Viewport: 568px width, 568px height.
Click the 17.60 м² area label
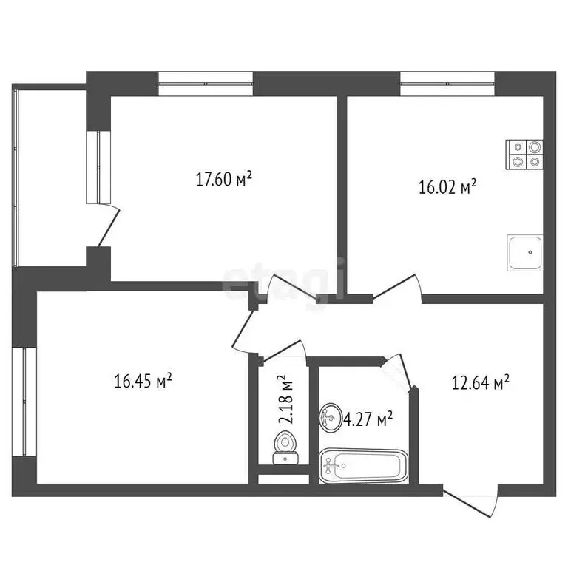(224, 178)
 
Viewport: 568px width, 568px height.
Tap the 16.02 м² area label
(447, 188)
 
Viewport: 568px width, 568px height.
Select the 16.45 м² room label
(143, 381)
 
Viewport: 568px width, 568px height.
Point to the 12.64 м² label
(481, 382)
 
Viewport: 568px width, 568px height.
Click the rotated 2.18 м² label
(285, 399)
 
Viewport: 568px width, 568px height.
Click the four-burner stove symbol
(525, 154)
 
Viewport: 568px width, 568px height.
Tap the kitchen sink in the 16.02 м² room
(525, 253)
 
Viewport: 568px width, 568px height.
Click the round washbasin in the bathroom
(330, 419)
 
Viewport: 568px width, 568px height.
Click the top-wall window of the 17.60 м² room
(206, 81)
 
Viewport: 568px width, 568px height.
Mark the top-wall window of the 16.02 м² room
(447, 81)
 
